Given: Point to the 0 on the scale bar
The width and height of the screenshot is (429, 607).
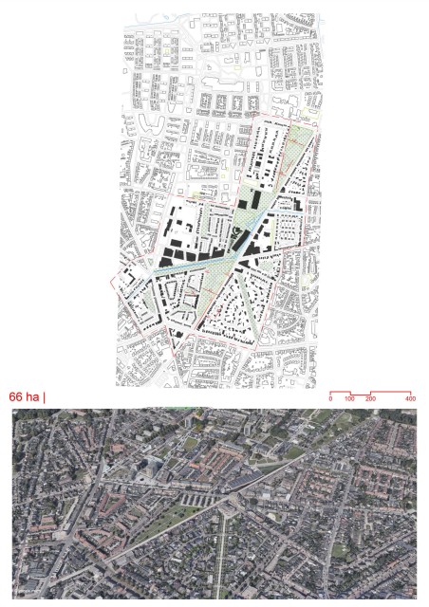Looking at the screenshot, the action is (x=330, y=400).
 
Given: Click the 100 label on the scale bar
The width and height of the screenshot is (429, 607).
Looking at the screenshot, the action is (x=349, y=400).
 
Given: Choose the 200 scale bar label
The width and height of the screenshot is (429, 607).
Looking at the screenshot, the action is (x=370, y=400).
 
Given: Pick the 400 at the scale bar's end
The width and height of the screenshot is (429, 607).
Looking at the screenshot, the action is (x=410, y=400).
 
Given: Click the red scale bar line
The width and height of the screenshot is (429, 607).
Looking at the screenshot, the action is (x=370, y=393).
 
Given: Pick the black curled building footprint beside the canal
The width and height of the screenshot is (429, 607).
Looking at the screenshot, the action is (x=236, y=232).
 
